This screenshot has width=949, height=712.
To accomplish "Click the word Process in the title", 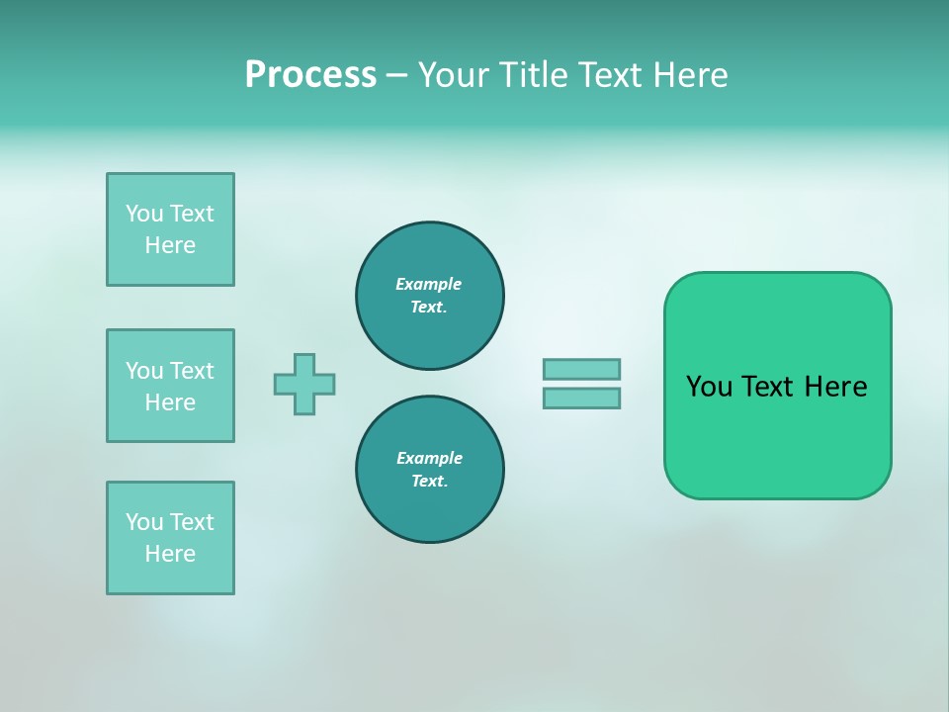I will tap(310, 75).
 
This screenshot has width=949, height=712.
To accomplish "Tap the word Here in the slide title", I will tap(687, 75).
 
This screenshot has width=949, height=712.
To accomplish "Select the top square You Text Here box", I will tap(170, 229).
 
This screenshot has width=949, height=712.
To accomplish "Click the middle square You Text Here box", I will tap(170, 386).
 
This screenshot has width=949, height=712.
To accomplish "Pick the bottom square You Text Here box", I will tap(170, 538).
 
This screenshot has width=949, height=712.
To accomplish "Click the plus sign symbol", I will tap(304, 384).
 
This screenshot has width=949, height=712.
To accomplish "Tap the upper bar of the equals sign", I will tap(581, 369).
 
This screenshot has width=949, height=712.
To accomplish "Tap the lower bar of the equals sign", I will tap(581, 399).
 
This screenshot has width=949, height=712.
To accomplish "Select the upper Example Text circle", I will tap(429, 296).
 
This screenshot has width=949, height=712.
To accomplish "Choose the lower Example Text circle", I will tap(429, 470).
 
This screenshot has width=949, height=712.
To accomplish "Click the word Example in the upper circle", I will tap(428, 284).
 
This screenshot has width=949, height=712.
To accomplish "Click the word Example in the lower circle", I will tap(429, 458).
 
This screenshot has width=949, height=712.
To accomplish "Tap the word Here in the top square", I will tap(170, 245).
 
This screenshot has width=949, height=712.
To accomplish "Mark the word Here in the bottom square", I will tap(170, 554).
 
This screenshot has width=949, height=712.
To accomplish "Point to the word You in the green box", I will tap(709, 387).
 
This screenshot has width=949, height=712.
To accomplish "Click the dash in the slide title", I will tap(397, 76).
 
